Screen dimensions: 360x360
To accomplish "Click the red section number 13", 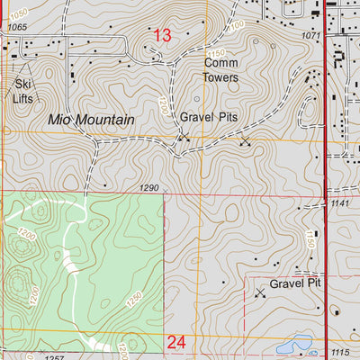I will point(162,35).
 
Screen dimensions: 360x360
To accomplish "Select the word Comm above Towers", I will point(220,63).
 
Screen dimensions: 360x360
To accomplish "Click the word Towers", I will point(220,78).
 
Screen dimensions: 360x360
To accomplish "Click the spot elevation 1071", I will point(311,35).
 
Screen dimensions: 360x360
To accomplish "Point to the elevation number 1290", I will point(148,188).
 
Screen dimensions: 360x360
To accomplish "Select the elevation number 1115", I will point(338,352).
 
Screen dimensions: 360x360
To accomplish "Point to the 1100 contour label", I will point(237,29).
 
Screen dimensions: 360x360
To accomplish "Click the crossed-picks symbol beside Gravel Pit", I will point(261,292).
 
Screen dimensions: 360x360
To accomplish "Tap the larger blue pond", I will point(292,344).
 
